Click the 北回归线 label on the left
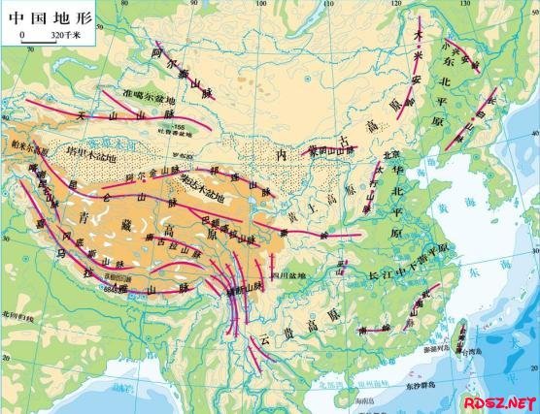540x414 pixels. [17, 316]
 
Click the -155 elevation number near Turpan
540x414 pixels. [180, 127]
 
